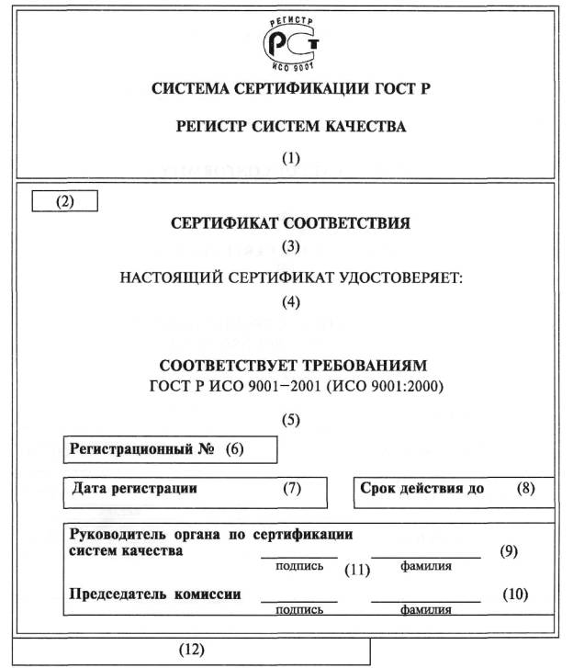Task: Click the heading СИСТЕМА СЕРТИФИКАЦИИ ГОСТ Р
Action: click(290, 89)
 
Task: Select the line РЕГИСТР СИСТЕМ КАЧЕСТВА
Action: click(290, 127)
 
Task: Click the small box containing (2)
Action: click(64, 201)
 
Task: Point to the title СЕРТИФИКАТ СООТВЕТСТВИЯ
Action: click(290, 223)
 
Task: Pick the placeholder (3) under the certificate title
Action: click(291, 246)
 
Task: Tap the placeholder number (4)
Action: click(291, 300)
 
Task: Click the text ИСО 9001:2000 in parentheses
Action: click(396, 387)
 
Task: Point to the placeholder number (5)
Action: click(291, 420)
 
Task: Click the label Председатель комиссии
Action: click(155, 594)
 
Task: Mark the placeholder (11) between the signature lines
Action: click(356, 570)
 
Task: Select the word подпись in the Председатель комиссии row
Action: click(299, 608)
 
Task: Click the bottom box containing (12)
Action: click(191, 649)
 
